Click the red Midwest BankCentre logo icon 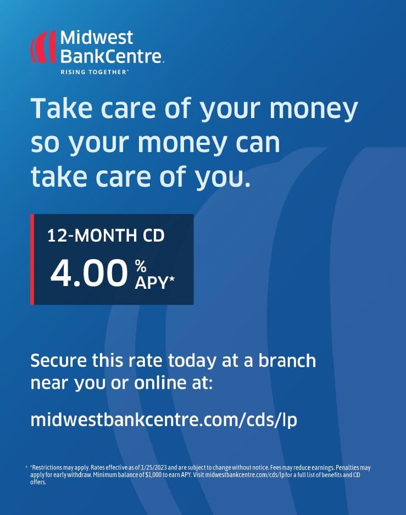[x=43, y=47]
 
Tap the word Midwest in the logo [x=97, y=37]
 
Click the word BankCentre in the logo [x=111, y=56]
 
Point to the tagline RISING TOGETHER [x=94, y=72]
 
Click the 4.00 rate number [x=89, y=273]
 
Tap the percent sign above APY [x=141, y=266]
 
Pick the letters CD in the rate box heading [x=153, y=236]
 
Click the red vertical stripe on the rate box [x=32, y=260]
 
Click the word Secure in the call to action [x=59, y=361]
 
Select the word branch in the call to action [x=287, y=360]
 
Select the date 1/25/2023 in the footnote [x=154, y=467]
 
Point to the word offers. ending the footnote [x=38, y=482]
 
